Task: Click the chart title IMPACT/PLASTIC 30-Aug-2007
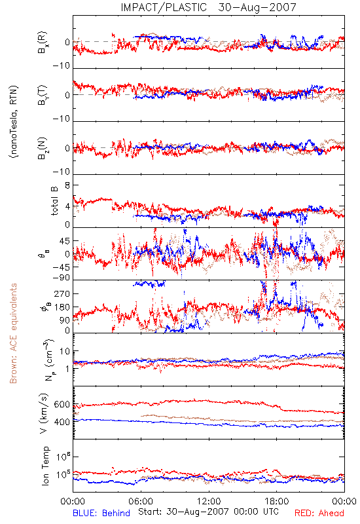[x=208, y=7]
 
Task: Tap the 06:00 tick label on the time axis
[x=141, y=501]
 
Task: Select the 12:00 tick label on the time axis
[x=209, y=501]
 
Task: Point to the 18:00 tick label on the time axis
[x=277, y=501]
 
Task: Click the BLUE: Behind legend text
[x=101, y=513]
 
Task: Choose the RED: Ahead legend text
[x=319, y=513]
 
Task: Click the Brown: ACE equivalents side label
[x=13, y=333]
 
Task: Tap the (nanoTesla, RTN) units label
[x=14, y=122]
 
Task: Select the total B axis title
[x=54, y=201]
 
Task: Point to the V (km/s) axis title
[x=44, y=413]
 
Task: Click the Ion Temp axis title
[x=45, y=466]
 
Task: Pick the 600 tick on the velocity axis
[x=62, y=404]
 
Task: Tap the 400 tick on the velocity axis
[x=62, y=422]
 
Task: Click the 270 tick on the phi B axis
[x=62, y=293]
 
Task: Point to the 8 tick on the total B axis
[x=67, y=185]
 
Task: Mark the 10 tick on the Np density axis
[x=65, y=351]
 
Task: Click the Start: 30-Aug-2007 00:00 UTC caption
[x=208, y=512]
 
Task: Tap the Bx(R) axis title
[x=43, y=43]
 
